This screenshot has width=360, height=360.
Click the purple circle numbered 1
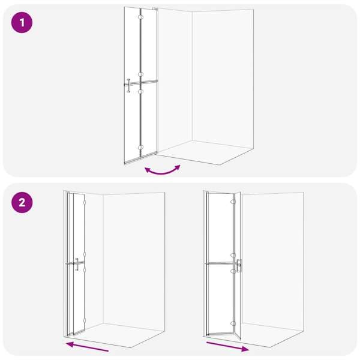22,23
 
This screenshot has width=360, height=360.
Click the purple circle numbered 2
22,203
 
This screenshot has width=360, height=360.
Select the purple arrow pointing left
87,346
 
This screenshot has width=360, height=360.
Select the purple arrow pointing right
228,347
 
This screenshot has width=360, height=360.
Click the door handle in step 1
128,85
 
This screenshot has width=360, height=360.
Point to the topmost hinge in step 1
140,17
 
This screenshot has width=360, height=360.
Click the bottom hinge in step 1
140,147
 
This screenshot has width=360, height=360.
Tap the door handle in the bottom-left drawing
77,264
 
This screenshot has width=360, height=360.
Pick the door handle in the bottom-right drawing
239,266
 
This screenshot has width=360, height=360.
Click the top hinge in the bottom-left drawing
85,202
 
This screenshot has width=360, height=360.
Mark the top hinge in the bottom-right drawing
233,202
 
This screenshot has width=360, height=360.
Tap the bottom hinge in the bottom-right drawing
233,323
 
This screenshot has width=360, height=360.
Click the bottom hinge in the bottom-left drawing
85,320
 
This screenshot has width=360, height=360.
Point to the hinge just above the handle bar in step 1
140,74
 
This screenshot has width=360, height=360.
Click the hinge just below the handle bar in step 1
140,92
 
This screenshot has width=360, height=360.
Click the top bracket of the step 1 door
155,9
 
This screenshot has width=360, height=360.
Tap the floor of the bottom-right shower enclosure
272,335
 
